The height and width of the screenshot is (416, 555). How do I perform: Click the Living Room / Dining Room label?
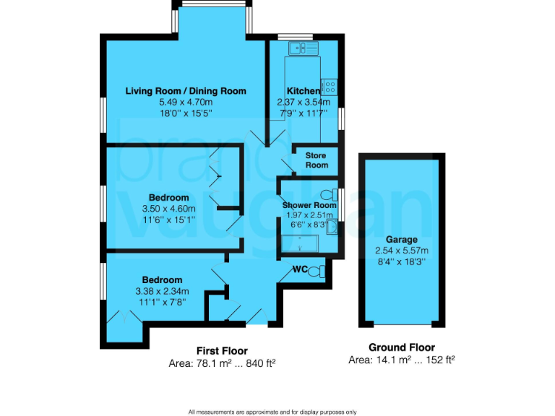click(x=186, y=91)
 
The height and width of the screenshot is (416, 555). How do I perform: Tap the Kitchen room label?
click(x=304, y=91)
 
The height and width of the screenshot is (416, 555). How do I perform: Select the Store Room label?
click(x=316, y=160)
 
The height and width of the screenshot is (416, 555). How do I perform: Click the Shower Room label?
click(x=309, y=205)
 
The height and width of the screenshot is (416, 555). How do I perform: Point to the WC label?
click(x=301, y=269)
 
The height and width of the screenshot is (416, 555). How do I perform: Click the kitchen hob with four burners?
click(x=330, y=86)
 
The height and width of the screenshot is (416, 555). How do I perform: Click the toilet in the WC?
click(x=319, y=271)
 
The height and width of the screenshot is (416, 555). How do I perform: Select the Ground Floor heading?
click(x=402, y=347)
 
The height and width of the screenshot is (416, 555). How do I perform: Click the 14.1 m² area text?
click(x=402, y=360)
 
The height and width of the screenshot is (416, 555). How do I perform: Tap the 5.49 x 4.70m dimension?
click(x=186, y=103)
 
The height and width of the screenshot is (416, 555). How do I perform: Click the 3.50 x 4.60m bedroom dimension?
click(x=169, y=209)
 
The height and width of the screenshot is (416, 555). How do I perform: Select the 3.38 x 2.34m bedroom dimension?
click(x=162, y=291)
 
